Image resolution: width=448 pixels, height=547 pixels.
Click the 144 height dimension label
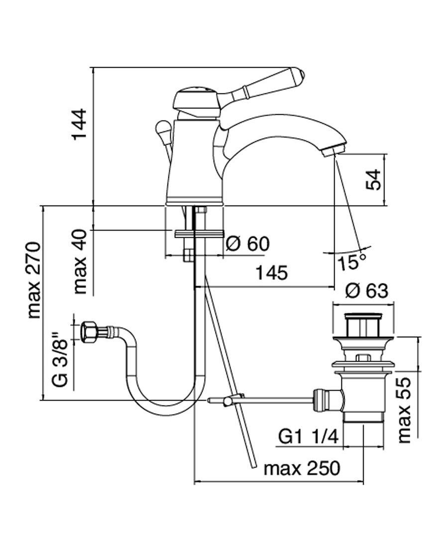coord(79,125)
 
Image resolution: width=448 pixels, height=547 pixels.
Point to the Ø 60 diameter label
coord(247,244)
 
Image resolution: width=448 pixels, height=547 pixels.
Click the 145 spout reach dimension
coord(272,273)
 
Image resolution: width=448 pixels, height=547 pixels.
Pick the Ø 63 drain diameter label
coord(366,290)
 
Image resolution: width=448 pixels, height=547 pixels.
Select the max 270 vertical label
coord(33,280)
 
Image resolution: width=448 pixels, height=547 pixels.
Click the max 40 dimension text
coord(79,262)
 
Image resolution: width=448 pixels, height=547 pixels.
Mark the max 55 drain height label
coord(405,409)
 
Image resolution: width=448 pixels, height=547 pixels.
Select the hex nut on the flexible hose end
coord(90,331)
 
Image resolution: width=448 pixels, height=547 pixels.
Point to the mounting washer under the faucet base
coord(198,233)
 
